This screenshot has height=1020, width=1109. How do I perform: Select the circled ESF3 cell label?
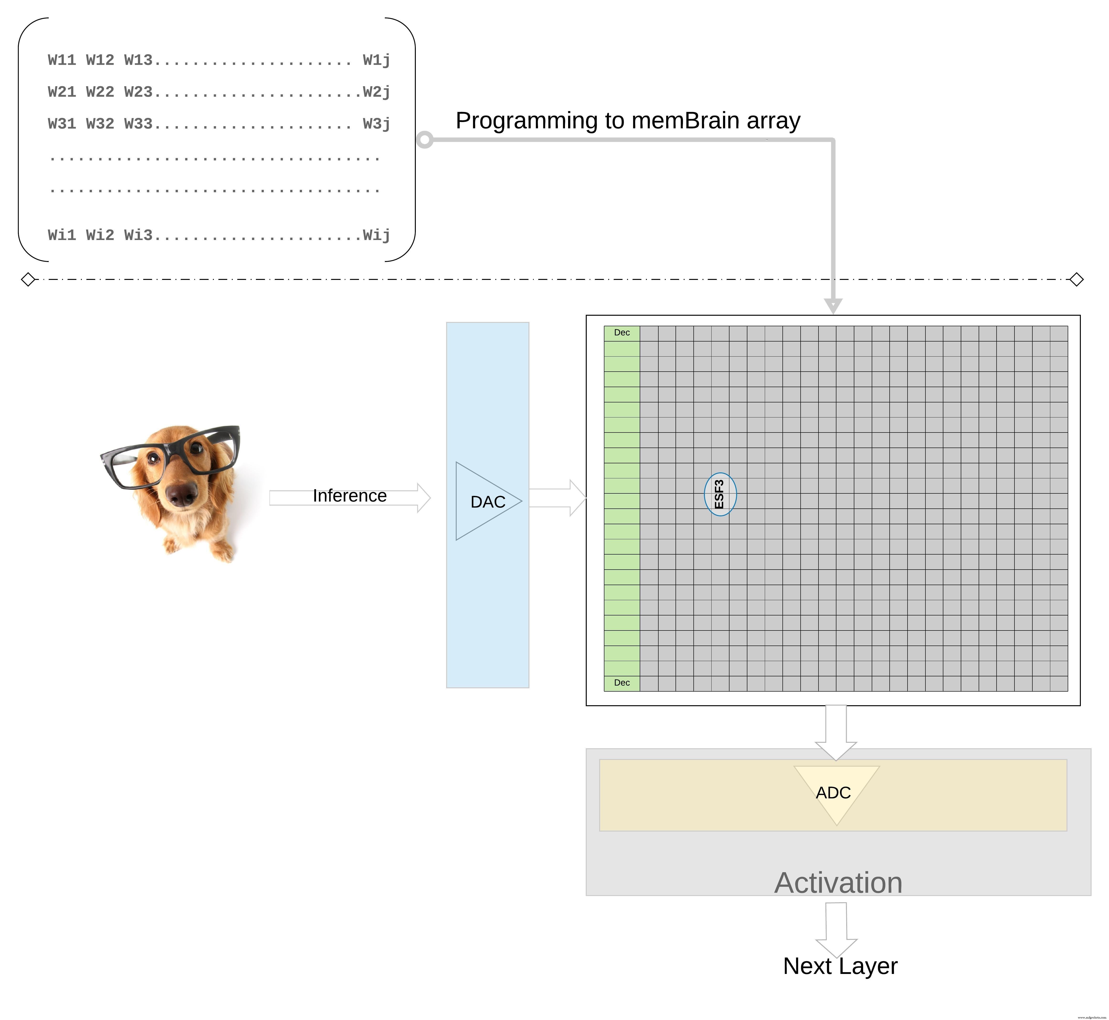pos(720,494)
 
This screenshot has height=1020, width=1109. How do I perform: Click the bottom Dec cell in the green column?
pos(622,683)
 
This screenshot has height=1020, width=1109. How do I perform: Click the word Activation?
pos(838,883)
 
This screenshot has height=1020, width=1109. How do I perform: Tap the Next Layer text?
pos(840,966)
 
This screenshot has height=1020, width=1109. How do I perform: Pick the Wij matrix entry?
pos(376,235)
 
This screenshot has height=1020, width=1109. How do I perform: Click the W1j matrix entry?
pos(376,60)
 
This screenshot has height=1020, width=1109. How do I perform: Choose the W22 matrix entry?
pos(100,92)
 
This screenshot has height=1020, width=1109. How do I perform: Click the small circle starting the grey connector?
pos(424,140)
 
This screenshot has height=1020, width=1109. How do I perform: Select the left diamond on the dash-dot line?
pos(28,279)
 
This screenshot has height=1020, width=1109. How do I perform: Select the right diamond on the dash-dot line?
pos(1076,279)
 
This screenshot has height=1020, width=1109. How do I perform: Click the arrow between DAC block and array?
pos(557,498)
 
